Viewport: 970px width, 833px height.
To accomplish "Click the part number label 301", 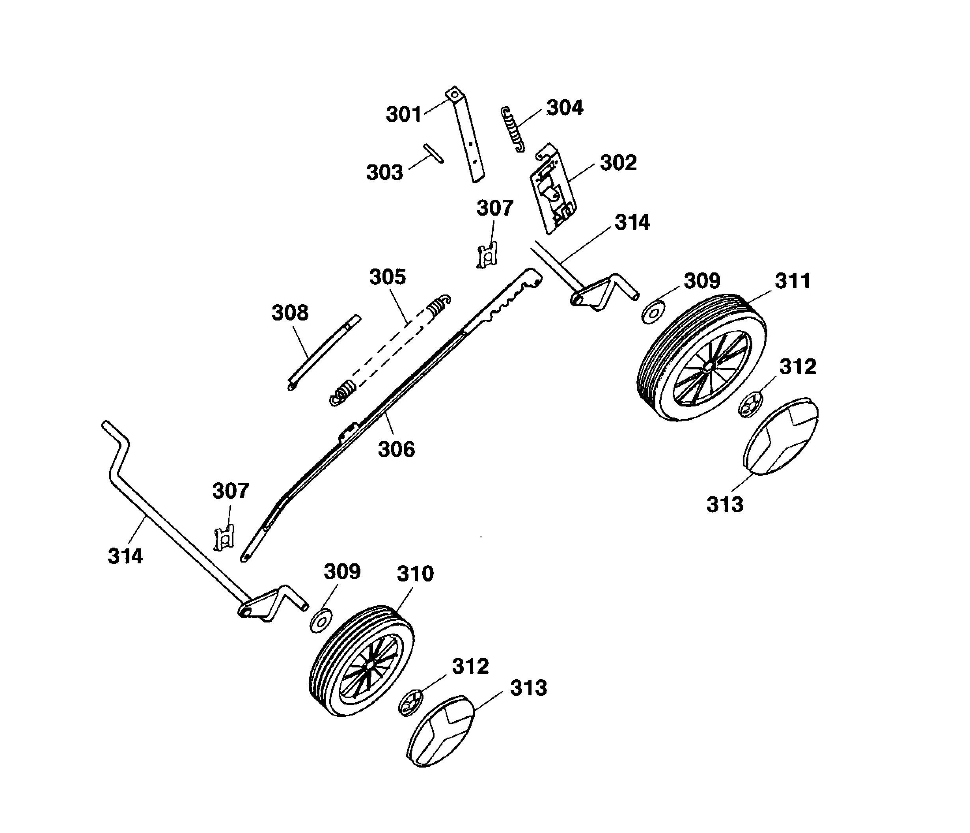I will (x=403, y=114).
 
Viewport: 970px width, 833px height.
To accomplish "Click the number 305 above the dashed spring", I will (x=387, y=277).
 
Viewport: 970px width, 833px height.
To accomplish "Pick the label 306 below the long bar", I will (x=396, y=449).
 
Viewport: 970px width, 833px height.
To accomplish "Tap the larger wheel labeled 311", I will (x=702, y=358).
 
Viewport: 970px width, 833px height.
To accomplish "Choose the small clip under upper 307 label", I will (x=487, y=256).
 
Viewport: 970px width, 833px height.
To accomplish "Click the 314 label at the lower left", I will (x=125, y=556).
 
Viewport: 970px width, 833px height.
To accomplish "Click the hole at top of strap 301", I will (x=453, y=95).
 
